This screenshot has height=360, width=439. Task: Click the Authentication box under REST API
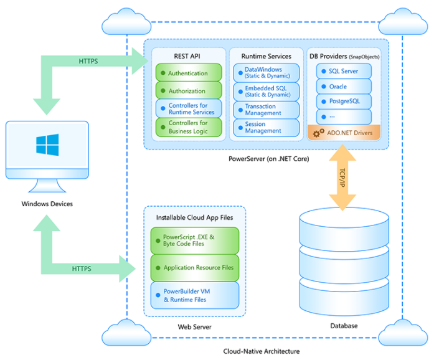pos(189,73)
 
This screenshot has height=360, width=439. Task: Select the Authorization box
pos(189,91)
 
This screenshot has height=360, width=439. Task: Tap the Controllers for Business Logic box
pos(189,127)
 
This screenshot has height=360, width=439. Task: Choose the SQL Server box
pos(344,71)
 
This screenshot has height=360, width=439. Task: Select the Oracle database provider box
pos(344,87)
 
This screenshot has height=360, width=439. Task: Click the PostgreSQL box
pos(344,101)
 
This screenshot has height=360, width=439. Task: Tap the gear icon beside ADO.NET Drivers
pos(318,133)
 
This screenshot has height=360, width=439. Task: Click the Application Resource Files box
pos(194,268)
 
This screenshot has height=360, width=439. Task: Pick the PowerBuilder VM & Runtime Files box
pos(194,295)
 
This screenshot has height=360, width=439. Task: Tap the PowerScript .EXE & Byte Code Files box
pos(194,240)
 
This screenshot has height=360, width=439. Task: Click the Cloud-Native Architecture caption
pos(261,351)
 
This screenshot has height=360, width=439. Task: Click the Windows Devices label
pos(47,204)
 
